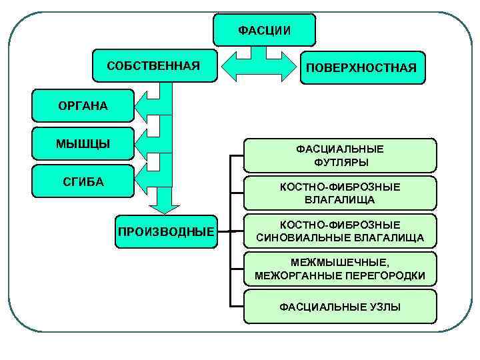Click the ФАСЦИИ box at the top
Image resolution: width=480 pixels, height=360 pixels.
(265, 30)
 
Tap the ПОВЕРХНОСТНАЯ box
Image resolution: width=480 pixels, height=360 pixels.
(361, 67)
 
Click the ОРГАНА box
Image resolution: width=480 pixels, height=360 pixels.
(83, 105)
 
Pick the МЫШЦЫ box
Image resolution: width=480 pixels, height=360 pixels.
(83, 143)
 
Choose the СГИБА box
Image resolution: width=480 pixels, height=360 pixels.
(83, 181)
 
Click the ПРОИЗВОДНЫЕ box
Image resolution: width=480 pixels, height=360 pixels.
(166, 231)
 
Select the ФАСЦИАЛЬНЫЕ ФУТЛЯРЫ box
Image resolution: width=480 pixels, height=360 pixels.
(340, 155)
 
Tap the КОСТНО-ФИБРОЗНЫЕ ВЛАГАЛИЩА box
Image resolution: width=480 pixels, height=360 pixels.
(340, 193)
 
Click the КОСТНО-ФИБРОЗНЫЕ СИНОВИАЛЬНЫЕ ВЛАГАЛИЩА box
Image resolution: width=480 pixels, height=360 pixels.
(340, 231)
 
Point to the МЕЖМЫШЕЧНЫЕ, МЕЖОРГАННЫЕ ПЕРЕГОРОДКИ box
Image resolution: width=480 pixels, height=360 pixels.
(340, 269)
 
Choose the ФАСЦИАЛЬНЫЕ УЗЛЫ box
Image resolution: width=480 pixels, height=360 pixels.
(340, 307)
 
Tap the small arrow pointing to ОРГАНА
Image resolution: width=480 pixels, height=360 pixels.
(148, 106)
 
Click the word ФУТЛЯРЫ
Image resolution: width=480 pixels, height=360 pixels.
(340, 162)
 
